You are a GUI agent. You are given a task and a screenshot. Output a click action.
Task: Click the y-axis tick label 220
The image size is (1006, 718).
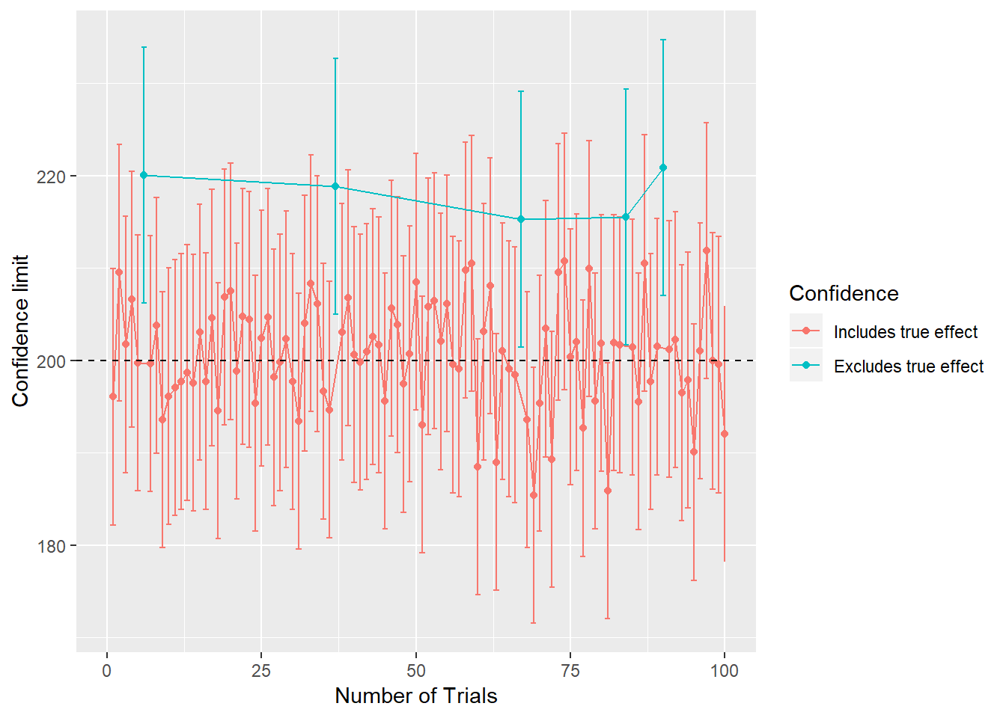tap(52, 177)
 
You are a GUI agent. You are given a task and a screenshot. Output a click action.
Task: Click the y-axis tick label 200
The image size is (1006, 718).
tap(52, 361)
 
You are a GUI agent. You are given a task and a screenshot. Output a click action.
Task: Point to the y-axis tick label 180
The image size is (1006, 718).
tap(52, 546)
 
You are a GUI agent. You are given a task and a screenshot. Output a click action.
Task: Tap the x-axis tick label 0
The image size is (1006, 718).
tap(107, 671)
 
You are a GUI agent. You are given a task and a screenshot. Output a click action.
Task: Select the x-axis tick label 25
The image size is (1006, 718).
tap(261, 671)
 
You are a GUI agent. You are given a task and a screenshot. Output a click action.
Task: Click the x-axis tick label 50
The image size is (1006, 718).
tap(415, 671)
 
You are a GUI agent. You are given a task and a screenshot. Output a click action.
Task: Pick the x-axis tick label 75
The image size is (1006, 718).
tap(570, 671)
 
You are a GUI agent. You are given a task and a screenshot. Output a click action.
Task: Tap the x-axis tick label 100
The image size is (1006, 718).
tap(724, 671)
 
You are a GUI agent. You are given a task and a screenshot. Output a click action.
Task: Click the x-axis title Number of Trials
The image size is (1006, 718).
tap(415, 696)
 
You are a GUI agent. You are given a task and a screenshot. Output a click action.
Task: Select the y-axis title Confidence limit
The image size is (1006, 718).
tap(20, 331)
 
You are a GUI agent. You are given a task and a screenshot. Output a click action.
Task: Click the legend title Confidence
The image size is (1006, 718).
tap(844, 293)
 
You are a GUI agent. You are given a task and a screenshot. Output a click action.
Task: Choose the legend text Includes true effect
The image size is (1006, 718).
tap(905, 332)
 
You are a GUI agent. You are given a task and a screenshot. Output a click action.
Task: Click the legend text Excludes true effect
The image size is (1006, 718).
tap(908, 366)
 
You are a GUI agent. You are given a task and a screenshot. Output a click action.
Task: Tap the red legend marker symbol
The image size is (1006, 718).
tap(806, 331)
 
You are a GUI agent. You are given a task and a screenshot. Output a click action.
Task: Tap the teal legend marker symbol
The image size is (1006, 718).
tap(806, 365)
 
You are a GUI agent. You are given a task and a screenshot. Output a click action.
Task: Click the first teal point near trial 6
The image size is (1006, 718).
tap(144, 175)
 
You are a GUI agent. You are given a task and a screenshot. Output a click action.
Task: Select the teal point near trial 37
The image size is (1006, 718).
tap(335, 186)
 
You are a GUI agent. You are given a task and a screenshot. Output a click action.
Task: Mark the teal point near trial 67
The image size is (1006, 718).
tap(521, 219)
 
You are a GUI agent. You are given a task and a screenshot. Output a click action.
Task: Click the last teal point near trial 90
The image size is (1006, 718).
tap(662, 168)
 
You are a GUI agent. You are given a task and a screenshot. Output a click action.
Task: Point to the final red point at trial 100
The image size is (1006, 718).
tap(724, 434)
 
